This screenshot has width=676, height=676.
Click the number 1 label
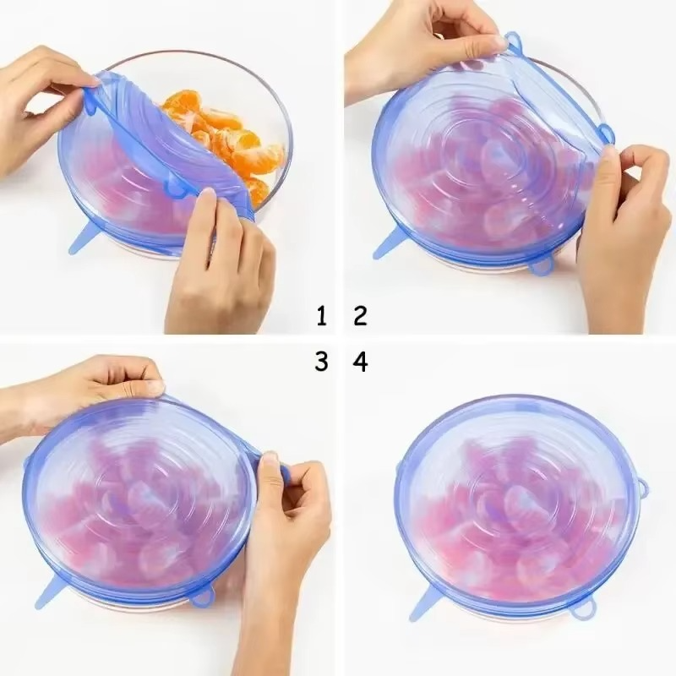[321, 317]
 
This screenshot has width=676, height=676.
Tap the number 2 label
[361, 317]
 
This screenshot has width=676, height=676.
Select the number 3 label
[321, 362]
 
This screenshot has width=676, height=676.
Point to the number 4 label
[361, 362]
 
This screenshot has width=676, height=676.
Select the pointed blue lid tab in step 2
[391, 246]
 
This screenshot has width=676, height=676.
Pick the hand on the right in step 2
[625, 228]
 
